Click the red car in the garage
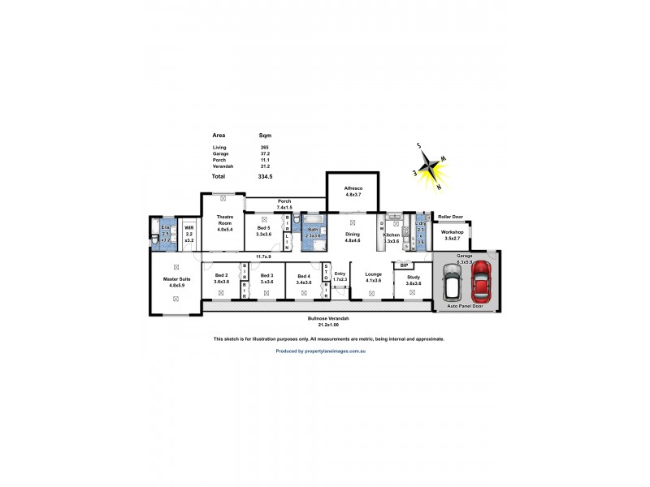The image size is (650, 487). [x=482, y=281]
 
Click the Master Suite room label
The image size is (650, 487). [x=175, y=282]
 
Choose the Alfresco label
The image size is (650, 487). [x=352, y=192]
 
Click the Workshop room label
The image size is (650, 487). [x=452, y=235]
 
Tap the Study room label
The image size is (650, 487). [x=414, y=279]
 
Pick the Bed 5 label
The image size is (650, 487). [x=263, y=231]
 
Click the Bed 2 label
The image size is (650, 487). [x=222, y=279]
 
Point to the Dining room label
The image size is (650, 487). [x=352, y=237]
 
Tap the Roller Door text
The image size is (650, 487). [x=450, y=217]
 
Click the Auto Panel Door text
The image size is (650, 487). [x=466, y=306]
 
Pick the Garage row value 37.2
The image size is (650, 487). [x=265, y=153]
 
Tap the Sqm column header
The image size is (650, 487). [x=265, y=135]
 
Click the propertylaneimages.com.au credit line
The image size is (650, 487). [x=321, y=351]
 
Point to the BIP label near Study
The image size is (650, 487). [x=404, y=265]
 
